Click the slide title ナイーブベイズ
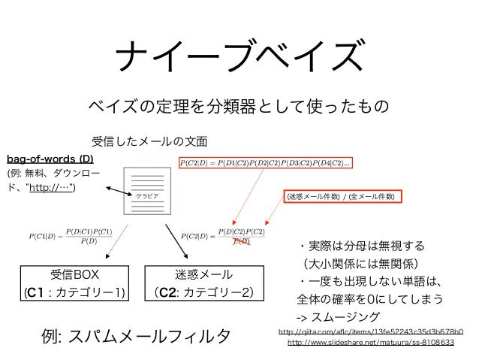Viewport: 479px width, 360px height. tap(239, 54)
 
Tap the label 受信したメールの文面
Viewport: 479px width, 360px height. tap(149, 141)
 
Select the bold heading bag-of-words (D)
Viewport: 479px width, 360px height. tap(50, 159)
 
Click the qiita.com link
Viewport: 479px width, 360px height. tap(370, 330)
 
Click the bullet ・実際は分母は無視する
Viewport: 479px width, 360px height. tap(360, 246)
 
